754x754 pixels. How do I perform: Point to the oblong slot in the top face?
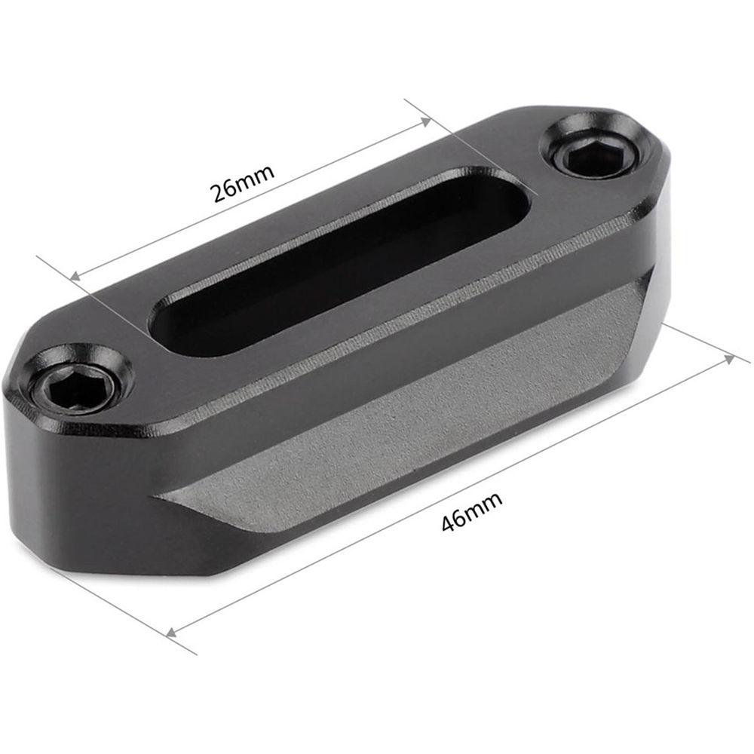pos(339,260)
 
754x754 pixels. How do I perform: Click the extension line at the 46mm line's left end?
pos(128,611)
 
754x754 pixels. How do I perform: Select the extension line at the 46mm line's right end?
pos(701,343)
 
